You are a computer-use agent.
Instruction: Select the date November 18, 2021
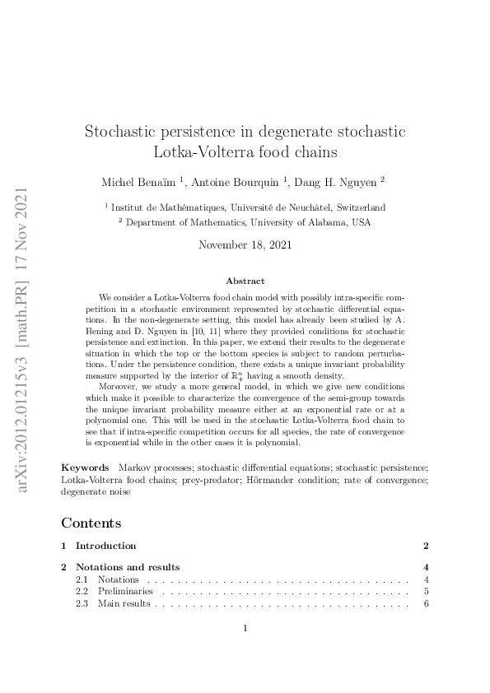coord(245,244)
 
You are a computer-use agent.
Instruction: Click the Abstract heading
coord(245,281)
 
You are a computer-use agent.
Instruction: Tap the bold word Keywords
coord(85,467)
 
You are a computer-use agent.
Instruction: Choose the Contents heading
coord(91,523)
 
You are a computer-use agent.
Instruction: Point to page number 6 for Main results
coord(427,603)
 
